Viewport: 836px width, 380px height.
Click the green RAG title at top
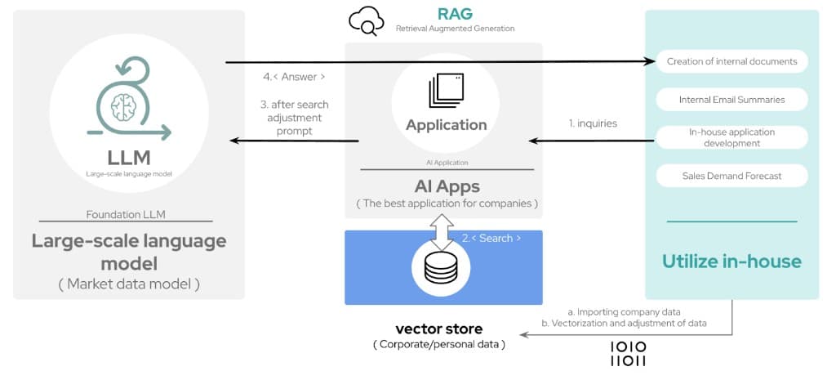(454, 13)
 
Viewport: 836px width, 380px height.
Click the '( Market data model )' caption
(129, 284)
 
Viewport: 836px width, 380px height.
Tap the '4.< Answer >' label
(295, 77)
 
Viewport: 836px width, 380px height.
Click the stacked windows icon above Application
(446, 89)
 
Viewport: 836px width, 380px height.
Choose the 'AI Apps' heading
(446, 185)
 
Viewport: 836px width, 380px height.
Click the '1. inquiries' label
(593, 123)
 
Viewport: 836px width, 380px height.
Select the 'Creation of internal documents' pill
(731, 61)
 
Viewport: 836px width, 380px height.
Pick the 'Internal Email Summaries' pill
(731, 100)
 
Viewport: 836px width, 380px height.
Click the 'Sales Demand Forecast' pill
(731, 176)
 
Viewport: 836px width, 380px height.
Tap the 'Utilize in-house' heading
(731, 262)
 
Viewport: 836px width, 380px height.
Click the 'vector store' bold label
(439, 329)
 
